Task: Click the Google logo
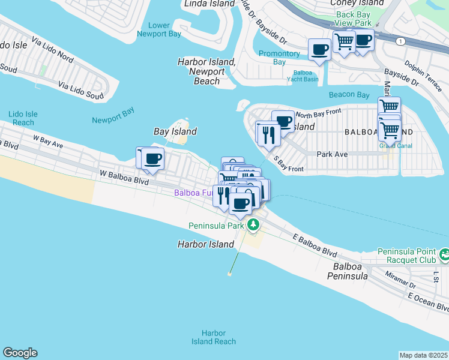point(20,353)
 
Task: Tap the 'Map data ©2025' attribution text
point(424,355)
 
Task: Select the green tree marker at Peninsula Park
point(254,225)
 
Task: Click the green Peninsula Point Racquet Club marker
point(444,255)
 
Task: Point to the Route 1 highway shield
point(399,41)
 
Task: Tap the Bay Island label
point(175,131)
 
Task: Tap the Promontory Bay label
point(279,58)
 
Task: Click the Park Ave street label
point(333,154)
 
